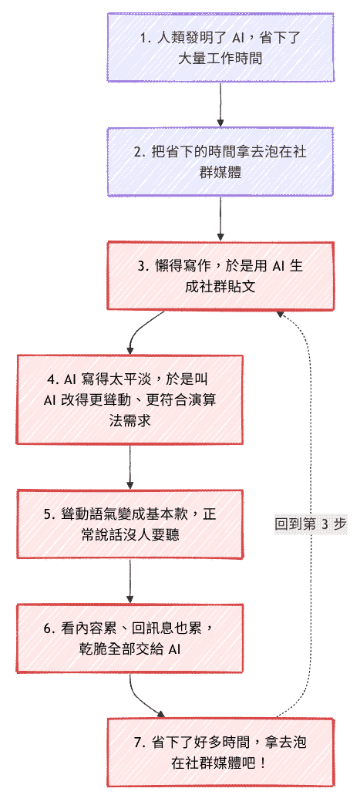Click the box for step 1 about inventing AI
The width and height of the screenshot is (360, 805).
(220, 47)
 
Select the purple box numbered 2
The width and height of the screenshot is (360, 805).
(220, 162)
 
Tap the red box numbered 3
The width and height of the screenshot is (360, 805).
(220, 276)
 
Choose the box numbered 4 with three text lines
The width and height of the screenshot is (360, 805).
(130, 399)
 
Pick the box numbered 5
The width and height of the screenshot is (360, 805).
(130, 524)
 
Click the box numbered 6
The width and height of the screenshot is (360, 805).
(130, 638)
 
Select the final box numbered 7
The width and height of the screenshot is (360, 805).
(220, 753)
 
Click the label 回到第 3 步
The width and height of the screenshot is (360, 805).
(311, 524)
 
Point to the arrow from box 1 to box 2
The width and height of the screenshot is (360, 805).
(220, 104)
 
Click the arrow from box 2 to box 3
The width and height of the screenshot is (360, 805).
(220, 219)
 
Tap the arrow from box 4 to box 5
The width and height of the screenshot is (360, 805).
(130, 466)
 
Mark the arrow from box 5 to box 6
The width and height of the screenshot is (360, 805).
(130, 581)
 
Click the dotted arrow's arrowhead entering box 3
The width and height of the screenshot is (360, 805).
(279, 314)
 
